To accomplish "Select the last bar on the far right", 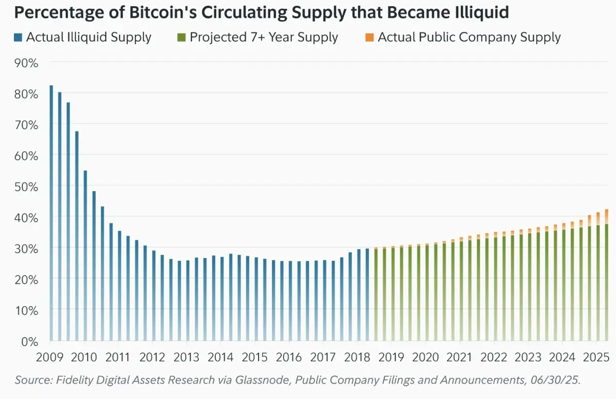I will click(x=607, y=277).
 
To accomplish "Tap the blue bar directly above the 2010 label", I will click(x=85, y=257).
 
